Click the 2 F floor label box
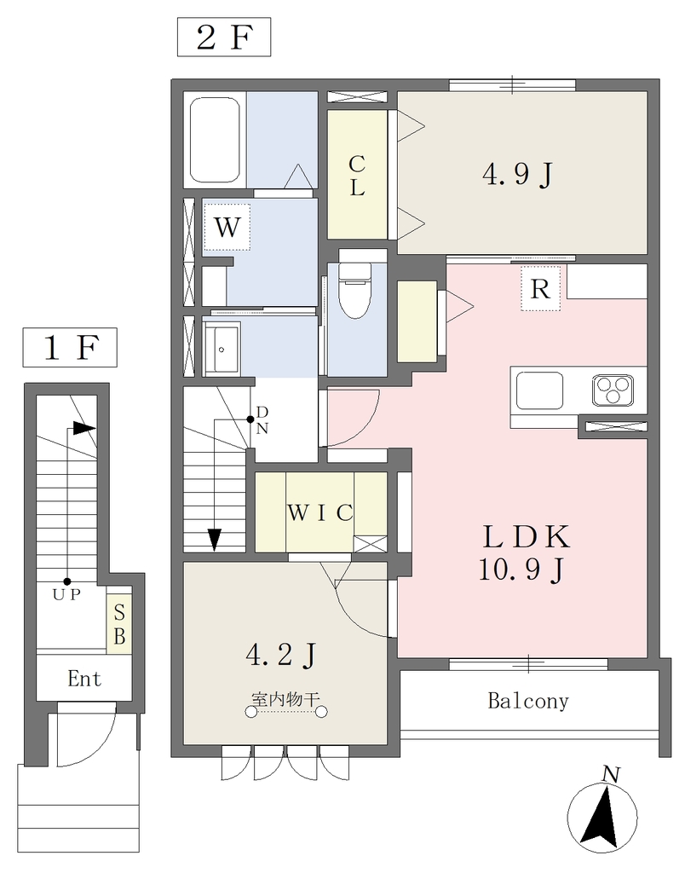224,38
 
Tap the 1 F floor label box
70,348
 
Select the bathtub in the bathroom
215,140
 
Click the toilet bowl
355,290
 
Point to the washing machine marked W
227,227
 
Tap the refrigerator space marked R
540,288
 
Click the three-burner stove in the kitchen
613,389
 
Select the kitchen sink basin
539,390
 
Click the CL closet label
357,176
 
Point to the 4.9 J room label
517,175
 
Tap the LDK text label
527,537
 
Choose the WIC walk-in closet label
320,512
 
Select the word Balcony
528,701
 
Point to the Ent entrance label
84,679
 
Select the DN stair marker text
262,419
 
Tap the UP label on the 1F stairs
66,594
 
